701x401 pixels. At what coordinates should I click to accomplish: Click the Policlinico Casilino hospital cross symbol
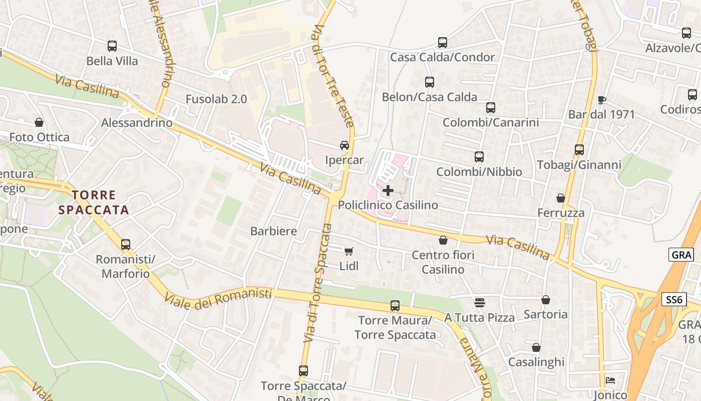point(388,190)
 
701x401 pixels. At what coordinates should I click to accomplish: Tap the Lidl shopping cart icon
point(349,251)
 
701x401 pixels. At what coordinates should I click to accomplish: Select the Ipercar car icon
point(344,145)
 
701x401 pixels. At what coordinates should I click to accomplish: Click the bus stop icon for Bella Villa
point(112,46)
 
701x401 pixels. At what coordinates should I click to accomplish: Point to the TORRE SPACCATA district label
point(94,203)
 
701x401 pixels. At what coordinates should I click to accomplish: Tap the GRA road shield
point(681,255)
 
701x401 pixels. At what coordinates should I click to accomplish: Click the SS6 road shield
point(674,300)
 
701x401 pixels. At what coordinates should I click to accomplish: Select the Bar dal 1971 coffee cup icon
point(602,100)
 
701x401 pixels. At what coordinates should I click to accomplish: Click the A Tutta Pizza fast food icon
point(480,302)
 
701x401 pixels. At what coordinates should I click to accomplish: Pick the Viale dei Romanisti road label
point(218,298)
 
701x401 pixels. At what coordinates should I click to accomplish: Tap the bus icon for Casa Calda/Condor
point(442,43)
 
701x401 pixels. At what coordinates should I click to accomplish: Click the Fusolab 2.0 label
point(216,99)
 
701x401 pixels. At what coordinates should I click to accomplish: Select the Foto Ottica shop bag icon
point(39,122)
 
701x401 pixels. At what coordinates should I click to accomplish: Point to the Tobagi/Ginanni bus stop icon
point(579,150)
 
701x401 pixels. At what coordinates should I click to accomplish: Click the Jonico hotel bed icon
point(610,380)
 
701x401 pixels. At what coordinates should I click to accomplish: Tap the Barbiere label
point(274,231)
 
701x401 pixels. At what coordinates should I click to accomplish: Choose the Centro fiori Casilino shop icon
point(443,241)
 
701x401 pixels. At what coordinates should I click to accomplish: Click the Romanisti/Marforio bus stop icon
point(126,245)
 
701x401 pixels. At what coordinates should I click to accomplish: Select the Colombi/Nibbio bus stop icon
point(479,157)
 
